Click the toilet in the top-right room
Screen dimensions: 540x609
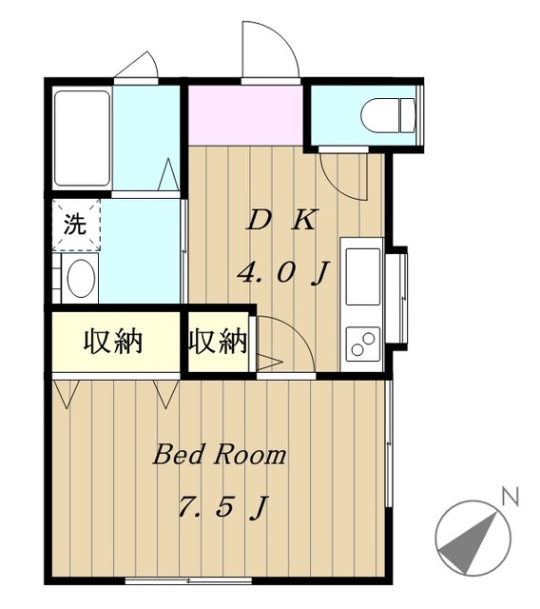click(x=388, y=115)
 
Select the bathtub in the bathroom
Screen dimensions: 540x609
click(x=82, y=138)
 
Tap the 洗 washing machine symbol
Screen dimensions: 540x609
click(x=76, y=225)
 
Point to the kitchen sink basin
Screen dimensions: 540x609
click(x=362, y=276)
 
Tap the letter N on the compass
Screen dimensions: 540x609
click(x=511, y=498)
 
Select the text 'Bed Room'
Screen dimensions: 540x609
click(x=220, y=455)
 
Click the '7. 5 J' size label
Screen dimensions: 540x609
click(x=223, y=507)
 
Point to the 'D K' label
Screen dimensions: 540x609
click(x=282, y=221)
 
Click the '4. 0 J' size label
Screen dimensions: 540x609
click(x=283, y=273)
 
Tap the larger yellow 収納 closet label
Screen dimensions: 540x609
click(x=113, y=342)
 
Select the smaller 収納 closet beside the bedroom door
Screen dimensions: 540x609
click(x=218, y=342)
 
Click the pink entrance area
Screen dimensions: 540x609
click(x=245, y=115)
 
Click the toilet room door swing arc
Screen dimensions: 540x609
click(x=337, y=186)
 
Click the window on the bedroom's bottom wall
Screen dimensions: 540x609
click(x=188, y=581)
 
